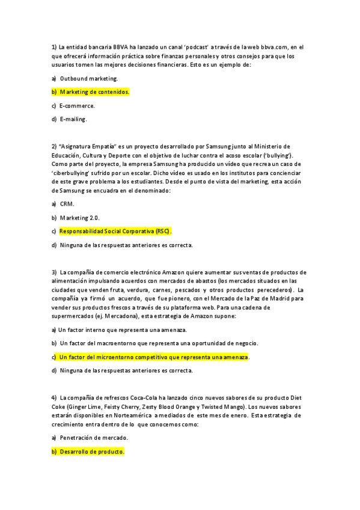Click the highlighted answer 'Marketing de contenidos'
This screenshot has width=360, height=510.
(94, 92)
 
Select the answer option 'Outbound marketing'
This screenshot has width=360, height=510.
(89, 78)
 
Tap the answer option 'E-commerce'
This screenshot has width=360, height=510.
(77, 105)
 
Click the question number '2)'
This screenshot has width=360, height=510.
(54, 146)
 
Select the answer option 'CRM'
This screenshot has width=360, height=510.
(67, 204)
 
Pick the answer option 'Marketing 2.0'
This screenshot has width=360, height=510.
(80, 217)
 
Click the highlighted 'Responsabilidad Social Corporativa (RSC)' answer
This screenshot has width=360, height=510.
(115, 231)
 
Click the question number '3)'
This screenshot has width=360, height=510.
(54, 272)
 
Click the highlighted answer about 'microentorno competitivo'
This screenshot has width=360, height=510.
(153, 357)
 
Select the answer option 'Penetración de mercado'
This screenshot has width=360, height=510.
(94, 438)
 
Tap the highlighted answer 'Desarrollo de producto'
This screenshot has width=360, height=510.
(91, 452)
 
